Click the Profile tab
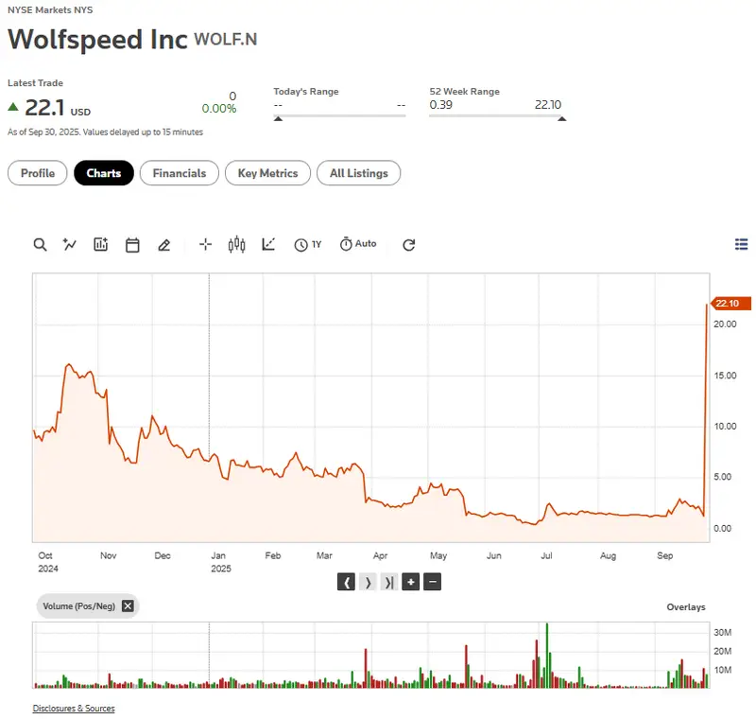coord(38,173)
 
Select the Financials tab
coord(180,173)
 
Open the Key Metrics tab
coord(267,173)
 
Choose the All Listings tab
coord(358,173)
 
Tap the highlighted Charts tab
coord(104,173)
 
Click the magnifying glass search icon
coord(40,244)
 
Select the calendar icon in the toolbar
coord(132,244)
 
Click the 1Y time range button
coord(308,244)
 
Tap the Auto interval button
coord(358,244)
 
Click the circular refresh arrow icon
coord(409,244)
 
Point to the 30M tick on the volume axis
coord(724,632)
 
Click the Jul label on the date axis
coord(546,556)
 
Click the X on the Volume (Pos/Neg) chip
coord(128,605)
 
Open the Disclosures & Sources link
coord(74,708)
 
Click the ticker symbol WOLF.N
coord(226,39)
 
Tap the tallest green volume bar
coord(547,655)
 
